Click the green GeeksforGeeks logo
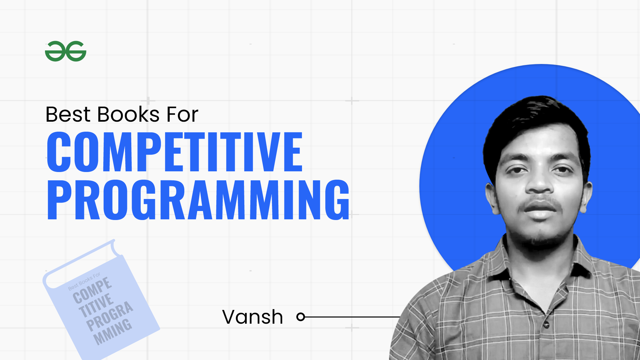66,51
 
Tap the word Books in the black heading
128,114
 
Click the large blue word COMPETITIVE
175,152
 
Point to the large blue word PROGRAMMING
198,200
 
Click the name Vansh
253,317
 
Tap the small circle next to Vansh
301,317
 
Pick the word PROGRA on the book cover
110,316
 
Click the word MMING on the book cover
113,331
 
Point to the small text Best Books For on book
84,282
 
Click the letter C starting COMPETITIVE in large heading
59,152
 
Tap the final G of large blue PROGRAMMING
337,200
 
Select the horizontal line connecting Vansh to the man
353,317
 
